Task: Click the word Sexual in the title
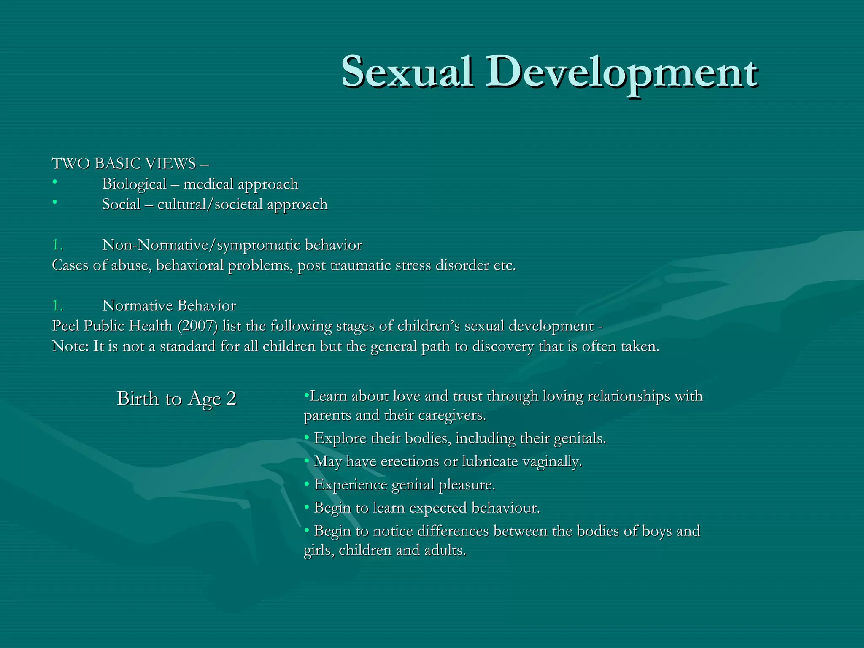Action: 407,73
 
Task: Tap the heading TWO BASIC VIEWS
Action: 124,164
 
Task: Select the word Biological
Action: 134,184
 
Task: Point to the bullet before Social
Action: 54,202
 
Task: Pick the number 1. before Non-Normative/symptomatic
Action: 57,245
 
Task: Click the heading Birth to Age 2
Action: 176,399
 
